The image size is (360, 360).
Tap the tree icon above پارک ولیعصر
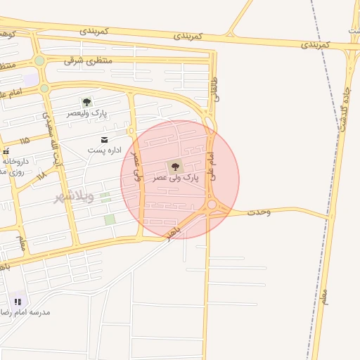(86, 102)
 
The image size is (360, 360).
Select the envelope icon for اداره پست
(105, 140)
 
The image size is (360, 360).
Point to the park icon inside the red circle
(174, 167)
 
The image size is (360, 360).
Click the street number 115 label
(25, 140)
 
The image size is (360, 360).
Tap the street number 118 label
(41, 172)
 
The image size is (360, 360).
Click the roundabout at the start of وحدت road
(212, 205)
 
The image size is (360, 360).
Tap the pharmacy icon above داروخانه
(6, 151)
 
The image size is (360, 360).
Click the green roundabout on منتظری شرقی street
(39, 61)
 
